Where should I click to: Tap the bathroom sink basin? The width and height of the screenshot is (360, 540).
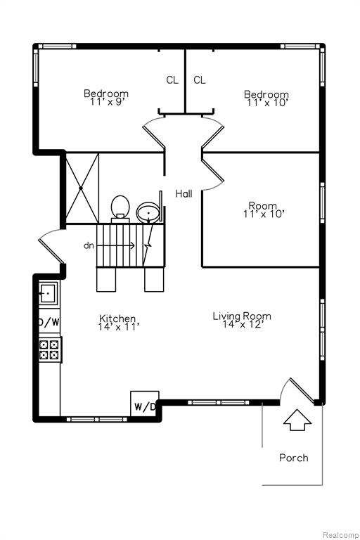pyautogui.click(x=148, y=213)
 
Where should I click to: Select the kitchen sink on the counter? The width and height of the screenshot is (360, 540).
pyautogui.click(x=48, y=293)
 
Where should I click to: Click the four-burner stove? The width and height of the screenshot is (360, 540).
pyautogui.click(x=49, y=349)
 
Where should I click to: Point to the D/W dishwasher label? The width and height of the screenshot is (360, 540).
pyautogui.click(x=49, y=322)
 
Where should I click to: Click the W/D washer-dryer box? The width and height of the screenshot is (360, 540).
pyautogui.click(x=145, y=404)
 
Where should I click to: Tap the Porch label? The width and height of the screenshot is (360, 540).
pyautogui.click(x=293, y=458)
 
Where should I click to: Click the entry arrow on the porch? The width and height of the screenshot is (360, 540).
pyautogui.click(x=297, y=420)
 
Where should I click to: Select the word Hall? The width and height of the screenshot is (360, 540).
pyautogui.click(x=184, y=193)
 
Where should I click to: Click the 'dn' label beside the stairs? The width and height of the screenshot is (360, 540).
pyautogui.click(x=89, y=245)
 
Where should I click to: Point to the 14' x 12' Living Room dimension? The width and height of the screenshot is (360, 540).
pyautogui.click(x=243, y=324)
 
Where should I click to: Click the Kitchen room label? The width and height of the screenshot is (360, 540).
pyautogui.click(x=117, y=319)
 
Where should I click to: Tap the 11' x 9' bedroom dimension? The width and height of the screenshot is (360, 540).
pyautogui.click(x=106, y=101)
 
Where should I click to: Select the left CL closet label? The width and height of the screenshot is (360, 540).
pyautogui.click(x=172, y=80)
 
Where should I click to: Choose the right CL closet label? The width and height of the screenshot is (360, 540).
pyautogui.click(x=200, y=80)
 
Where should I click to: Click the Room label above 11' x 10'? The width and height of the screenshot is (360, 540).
pyautogui.click(x=262, y=205)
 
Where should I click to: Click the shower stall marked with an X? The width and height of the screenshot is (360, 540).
pyautogui.click(x=82, y=188)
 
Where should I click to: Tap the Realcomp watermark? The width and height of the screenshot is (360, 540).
pyautogui.click(x=341, y=535)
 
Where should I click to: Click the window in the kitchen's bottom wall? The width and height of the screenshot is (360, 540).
pyautogui.click(x=97, y=419)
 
